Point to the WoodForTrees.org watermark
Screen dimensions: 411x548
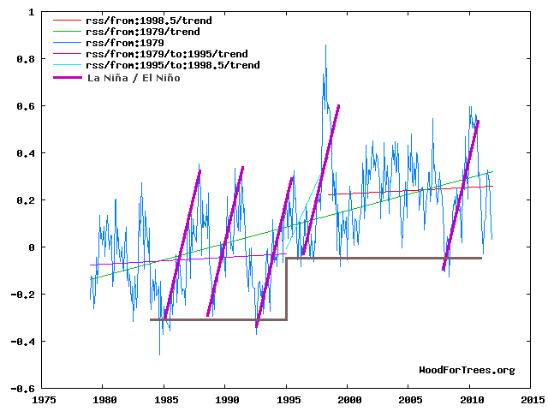tap(467, 370)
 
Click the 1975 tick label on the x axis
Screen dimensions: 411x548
tap(44, 399)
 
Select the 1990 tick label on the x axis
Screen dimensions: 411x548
tap(226, 399)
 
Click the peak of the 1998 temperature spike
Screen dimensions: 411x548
tap(325, 45)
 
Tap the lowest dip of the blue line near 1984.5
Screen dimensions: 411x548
tap(159, 354)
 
